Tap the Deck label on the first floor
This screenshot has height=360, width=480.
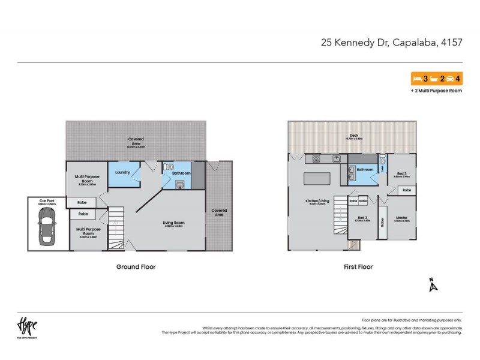354,136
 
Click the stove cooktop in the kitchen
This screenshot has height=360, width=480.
314,159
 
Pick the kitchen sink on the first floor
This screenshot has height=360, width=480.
337,159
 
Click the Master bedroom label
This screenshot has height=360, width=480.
401,218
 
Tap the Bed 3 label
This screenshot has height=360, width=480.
401,173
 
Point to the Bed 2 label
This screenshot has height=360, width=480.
362,218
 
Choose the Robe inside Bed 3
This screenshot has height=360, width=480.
406,190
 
